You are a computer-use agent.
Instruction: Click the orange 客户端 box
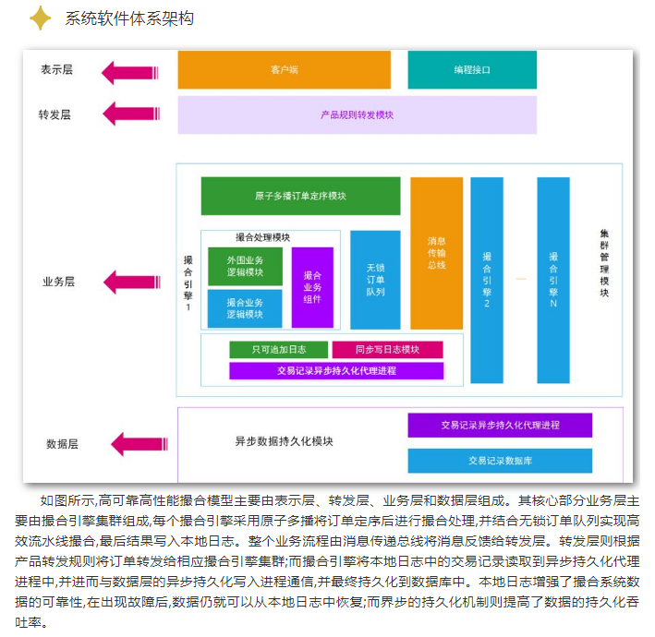284,69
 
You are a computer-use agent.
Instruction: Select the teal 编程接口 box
471,69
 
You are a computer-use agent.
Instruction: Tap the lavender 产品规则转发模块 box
357,115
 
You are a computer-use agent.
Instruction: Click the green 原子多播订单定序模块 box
300,196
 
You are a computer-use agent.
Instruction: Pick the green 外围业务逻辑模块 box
245,266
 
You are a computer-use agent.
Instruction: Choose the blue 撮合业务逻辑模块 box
245,308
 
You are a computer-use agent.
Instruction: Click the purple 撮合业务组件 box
312,287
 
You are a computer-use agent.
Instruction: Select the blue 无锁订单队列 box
375,280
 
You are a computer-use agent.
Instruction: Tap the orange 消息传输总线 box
436,253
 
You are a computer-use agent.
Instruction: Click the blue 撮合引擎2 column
487,280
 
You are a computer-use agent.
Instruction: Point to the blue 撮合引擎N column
552,280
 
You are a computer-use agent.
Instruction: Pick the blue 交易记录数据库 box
500,460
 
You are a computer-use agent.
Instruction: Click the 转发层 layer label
55,115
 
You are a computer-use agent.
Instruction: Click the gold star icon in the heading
40,18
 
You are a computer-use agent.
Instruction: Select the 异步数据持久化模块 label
284,441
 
